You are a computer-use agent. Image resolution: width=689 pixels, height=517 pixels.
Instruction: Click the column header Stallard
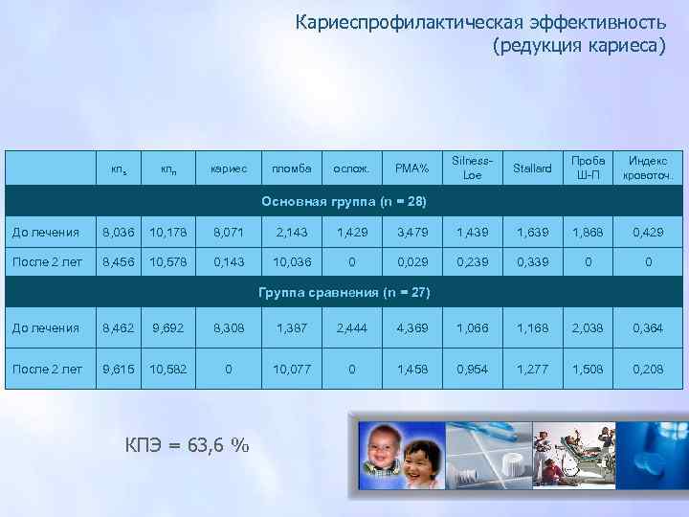(533, 169)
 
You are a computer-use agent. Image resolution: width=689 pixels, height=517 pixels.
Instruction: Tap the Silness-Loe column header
(472, 169)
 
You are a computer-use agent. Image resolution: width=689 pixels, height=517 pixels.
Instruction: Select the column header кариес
(228, 169)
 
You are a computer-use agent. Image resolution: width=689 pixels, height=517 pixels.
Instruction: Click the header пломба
(290, 169)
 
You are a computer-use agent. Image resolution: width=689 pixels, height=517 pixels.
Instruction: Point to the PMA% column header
(412, 169)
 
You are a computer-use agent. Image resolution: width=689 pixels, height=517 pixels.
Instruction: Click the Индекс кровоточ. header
(648, 169)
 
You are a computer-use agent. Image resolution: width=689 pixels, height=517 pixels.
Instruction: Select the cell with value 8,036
(120, 232)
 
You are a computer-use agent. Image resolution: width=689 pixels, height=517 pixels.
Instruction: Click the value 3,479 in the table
(412, 232)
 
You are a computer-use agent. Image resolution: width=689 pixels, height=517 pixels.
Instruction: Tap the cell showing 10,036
(290, 260)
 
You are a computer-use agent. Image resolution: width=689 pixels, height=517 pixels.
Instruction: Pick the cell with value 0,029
(412, 260)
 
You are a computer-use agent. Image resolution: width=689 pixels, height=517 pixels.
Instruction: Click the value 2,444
(351, 328)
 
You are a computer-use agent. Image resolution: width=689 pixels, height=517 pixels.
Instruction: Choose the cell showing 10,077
(290, 369)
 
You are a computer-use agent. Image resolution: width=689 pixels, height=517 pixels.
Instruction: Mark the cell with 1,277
(533, 369)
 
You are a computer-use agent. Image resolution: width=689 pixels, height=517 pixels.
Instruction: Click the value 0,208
(648, 369)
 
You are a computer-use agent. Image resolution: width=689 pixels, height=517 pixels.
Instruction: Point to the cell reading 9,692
(167, 328)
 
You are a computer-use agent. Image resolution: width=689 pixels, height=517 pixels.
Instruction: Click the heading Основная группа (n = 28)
(344, 202)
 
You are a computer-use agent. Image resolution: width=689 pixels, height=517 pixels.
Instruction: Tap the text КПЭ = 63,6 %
(188, 444)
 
